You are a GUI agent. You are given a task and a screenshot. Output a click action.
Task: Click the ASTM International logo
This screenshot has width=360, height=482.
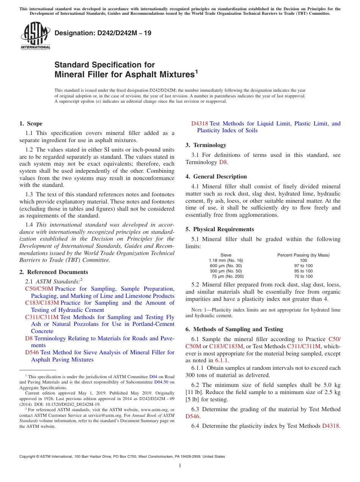(x=35, y=36)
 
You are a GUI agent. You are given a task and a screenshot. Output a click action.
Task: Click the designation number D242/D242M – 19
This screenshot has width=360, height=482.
(x=103, y=33)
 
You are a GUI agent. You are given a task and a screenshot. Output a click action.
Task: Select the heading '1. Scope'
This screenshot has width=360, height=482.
(x=31, y=124)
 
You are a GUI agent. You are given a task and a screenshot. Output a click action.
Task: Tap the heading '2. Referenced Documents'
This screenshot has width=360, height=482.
(x=54, y=272)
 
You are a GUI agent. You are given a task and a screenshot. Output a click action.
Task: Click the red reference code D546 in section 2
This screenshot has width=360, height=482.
(x=32, y=352)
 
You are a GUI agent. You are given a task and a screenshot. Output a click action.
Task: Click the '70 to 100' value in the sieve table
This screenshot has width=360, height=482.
(x=303, y=276)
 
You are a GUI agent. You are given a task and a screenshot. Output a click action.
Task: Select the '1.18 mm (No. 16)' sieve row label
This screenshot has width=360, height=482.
(x=226, y=260)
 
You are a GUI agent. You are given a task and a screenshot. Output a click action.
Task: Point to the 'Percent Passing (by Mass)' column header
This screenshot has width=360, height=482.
(x=303, y=255)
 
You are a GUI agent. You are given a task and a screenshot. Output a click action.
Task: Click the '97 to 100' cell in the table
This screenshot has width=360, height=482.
(x=303, y=266)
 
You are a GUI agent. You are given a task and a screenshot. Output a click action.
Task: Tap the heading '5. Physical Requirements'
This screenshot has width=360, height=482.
(x=219, y=229)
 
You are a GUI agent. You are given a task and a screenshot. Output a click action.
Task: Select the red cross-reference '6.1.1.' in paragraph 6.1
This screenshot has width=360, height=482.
(x=222, y=360)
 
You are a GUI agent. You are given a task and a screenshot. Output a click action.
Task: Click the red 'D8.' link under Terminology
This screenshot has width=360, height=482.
(x=224, y=162)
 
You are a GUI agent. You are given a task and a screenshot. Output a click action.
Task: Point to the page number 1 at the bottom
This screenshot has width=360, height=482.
(x=180, y=465)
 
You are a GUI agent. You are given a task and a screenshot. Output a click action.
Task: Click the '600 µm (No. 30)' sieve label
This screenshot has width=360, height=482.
(x=226, y=266)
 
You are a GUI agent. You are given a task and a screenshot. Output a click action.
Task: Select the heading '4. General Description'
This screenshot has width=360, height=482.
(x=216, y=177)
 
